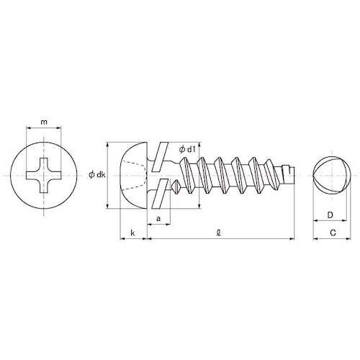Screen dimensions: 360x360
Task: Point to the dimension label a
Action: coord(157,217)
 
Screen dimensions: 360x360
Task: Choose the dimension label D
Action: coord(328,215)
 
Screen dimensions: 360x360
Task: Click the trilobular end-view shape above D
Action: coord(330,174)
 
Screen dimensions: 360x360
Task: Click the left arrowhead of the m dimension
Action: coord(28,130)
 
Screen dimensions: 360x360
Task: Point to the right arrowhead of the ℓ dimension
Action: coord(294,238)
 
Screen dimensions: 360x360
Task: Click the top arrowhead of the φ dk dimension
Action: coord(108,142)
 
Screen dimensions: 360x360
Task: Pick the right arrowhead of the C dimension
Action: coord(348,238)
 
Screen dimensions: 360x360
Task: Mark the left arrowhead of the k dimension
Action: coord(120,238)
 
